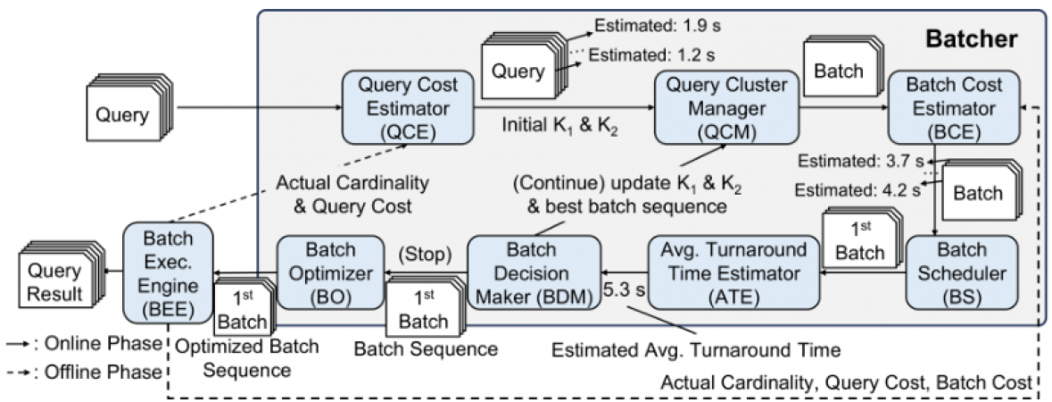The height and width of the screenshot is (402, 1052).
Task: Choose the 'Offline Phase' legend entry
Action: pyautogui.click(x=85, y=370)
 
